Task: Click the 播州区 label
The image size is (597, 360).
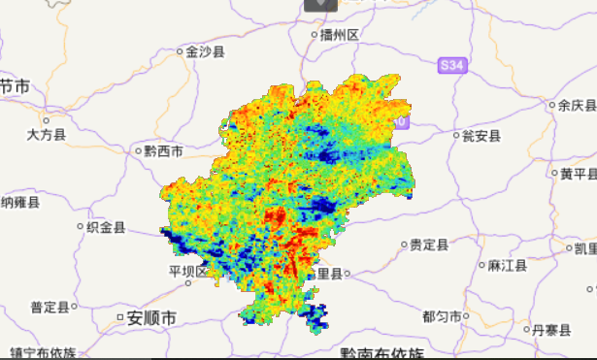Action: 340,35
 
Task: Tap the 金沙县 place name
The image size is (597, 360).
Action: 205,52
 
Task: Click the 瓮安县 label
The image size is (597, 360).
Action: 481,135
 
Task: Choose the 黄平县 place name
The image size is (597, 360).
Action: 578,174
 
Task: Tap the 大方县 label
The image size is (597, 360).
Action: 46,135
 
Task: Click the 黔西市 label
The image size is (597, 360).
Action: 163,151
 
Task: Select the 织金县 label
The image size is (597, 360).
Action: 106,228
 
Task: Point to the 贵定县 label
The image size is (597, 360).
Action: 428,245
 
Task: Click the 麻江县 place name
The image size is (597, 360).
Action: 507,265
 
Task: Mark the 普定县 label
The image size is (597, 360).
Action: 50,308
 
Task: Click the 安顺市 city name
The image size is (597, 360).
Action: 151,317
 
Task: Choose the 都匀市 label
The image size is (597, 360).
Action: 442,316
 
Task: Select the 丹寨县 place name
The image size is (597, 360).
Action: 551,331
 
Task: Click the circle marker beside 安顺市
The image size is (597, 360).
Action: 120,317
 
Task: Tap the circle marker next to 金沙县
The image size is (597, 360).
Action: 181,52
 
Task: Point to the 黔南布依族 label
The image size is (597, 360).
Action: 381,353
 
